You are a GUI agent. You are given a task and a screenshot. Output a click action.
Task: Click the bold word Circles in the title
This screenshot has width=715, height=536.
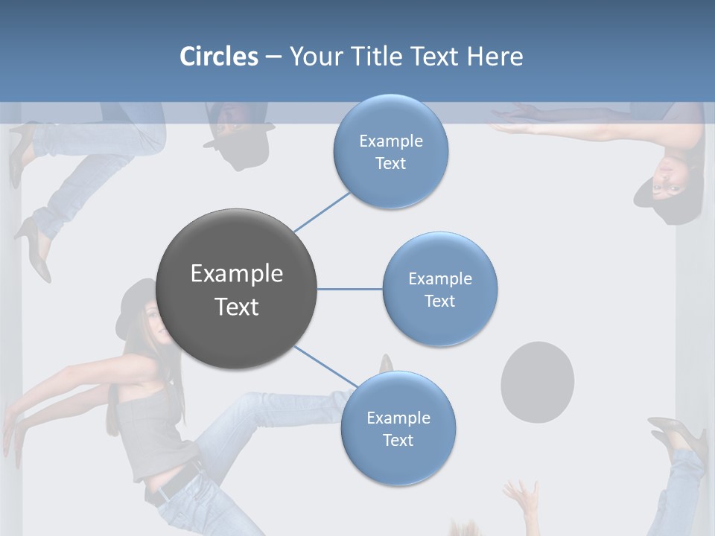(x=219, y=56)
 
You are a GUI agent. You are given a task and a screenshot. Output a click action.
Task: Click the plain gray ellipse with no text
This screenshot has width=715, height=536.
(x=537, y=381)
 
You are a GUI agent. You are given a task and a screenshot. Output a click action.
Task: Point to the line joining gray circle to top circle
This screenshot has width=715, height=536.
(x=322, y=211)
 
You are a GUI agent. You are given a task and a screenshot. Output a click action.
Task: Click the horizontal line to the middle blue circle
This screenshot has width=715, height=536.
(x=350, y=289)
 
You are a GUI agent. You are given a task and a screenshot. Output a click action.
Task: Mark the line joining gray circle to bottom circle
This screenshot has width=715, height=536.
(x=325, y=367)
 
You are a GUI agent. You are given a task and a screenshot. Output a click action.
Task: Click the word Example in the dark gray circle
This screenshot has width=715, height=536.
(x=237, y=274)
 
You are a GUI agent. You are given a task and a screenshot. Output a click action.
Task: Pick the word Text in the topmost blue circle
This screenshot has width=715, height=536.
(x=390, y=164)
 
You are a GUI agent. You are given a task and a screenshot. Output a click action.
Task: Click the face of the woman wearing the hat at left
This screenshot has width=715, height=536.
(x=152, y=320)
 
